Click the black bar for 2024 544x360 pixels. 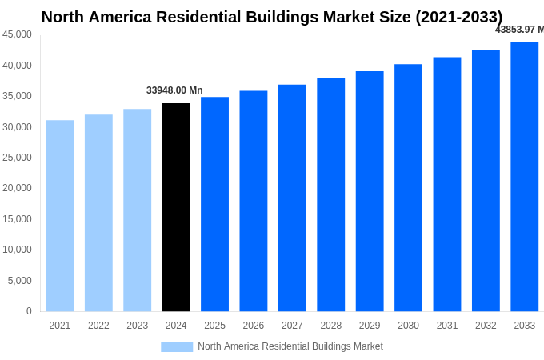pyautogui.click(x=176, y=207)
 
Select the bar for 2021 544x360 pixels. pyautogui.click(x=60, y=216)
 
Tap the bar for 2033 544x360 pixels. pyautogui.click(x=524, y=177)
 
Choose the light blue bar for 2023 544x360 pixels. pyautogui.click(x=137, y=210)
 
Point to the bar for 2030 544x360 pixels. pyautogui.click(x=408, y=188)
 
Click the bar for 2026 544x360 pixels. pyautogui.click(x=254, y=201)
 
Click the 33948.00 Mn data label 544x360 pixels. pyautogui.click(x=174, y=90)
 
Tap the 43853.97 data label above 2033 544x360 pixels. pyautogui.click(x=519, y=30)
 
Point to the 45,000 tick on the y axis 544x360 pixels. pyautogui.click(x=18, y=34)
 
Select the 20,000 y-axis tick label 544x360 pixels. pyautogui.click(x=18, y=188)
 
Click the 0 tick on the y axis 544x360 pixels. pyautogui.click(x=29, y=311)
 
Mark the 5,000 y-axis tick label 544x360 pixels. pyautogui.click(x=20, y=281)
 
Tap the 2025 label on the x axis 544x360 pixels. pyautogui.click(x=214, y=326)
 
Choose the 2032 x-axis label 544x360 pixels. pyautogui.click(x=486, y=326)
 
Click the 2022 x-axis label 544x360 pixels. pyautogui.click(x=98, y=326)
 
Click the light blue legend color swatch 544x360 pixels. pyautogui.click(x=177, y=347)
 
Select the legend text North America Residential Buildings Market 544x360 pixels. pyautogui.click(x=290, y=346)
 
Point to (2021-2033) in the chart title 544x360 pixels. pyautogui.click(x=458, y=17)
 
